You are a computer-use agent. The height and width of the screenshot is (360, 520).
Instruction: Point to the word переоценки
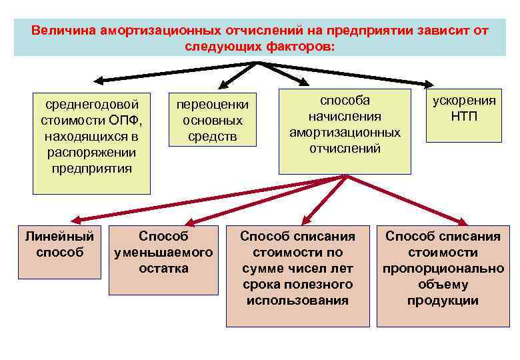click(x=212, y=105)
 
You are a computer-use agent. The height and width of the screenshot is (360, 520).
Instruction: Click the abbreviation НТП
click(x=464, y=117)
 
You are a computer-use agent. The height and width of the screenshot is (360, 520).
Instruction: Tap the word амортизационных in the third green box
click(x=345, y=132)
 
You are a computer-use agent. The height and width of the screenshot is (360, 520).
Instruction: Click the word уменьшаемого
click(x=163, y=253)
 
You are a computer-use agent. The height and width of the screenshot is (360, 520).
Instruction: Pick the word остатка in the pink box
click(x=163, y=269)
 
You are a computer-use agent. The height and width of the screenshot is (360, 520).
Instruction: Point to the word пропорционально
click(x=443, y=269)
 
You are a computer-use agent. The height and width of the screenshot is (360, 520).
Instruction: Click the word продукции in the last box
click(x=443, y=301)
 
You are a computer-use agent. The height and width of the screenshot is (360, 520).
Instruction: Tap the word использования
click(x=297, y=301)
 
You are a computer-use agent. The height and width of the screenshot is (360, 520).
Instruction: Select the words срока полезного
click(x=297, y=285)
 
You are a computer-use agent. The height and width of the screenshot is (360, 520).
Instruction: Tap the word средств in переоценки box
click(x=212, y=137)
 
